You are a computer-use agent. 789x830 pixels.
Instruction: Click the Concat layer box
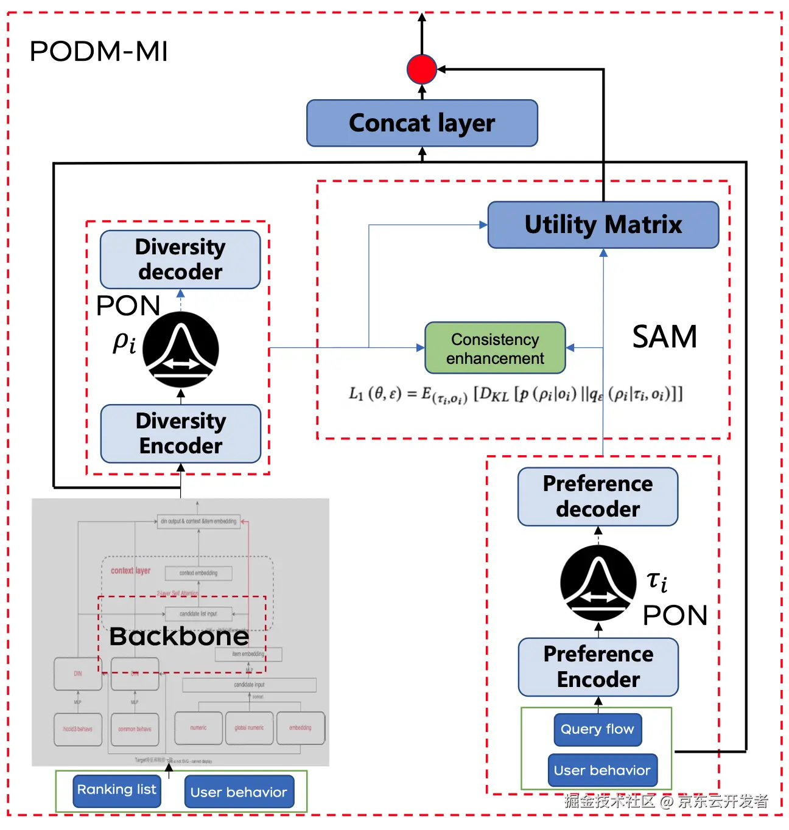(x=422, y=123)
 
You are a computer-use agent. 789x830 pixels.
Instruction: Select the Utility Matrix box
(x=603, y=225)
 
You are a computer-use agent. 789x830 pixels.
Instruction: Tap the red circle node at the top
(x=422, y=69)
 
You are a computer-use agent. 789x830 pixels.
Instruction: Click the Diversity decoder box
(x=180, y=259)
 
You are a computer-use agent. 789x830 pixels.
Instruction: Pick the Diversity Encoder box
(x=181, y=433)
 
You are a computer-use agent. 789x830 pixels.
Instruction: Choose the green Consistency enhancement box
(x=495, y=348)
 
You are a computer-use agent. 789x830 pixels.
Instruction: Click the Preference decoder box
(x=598, y=497)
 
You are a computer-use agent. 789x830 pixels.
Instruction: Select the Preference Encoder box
(x=598, y=667)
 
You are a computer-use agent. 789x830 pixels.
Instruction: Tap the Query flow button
(x=597, y=730)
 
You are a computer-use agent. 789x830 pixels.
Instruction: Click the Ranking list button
(x=117, y=790)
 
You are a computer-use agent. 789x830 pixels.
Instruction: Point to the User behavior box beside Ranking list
(x=239, y=792)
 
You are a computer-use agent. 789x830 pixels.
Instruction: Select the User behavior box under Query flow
(x=602, y=771)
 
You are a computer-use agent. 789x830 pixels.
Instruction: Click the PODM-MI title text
(x=99, y=52)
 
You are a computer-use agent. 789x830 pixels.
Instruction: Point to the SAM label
(x=664, y=337)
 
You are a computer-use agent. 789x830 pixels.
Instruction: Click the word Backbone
(x=179, y=636)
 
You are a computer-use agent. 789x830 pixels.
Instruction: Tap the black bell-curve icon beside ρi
(x=181, y=349)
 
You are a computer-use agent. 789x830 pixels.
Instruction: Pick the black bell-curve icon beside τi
(x=598, y=583)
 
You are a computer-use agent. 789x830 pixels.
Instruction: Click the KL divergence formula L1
(x=515, y=394)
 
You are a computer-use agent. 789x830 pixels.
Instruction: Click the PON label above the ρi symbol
(x=128, y=305)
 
